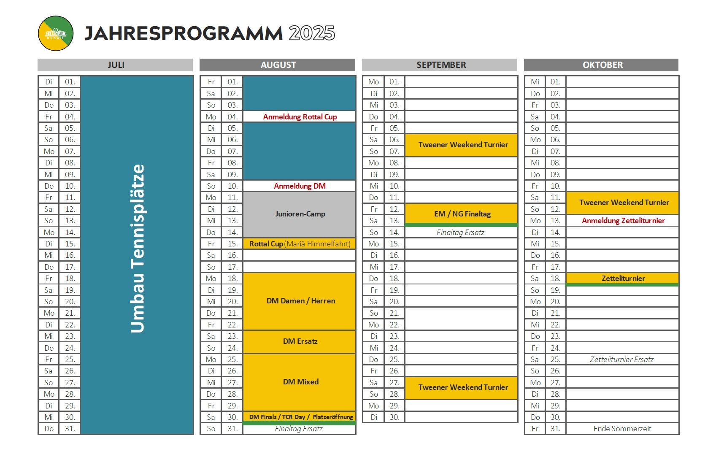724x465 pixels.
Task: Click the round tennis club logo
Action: [x=56, y=33]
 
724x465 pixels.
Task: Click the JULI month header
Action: [x=116, y=65]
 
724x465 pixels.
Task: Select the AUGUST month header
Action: [x=278, y=65]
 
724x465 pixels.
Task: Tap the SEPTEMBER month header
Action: [x=441, y=65]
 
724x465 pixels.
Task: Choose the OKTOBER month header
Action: [x=602, y=65]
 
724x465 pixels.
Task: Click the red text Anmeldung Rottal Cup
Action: [x=300, y=117]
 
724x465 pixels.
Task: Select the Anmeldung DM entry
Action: [x=300, y=186]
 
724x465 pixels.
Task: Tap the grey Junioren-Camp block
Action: [x=300, y=214]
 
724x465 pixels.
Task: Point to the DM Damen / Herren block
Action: [x=300, y=301]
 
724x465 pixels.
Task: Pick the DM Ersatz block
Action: [x=300, y=341]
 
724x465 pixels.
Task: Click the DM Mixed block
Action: [x=300, y=382]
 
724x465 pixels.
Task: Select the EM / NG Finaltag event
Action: [x=462, y=214]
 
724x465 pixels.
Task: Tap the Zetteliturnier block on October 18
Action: [x=623, y=278]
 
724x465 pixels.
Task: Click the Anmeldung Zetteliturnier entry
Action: [x=623, y=221]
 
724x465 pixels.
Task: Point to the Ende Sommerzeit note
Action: [x=622, y=429]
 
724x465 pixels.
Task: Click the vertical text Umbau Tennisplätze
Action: [x=138, y=249]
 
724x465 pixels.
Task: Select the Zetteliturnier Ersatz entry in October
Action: [x=621, y=360]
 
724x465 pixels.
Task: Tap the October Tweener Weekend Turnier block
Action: [x=624, y=203]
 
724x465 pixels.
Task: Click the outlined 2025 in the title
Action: [x=312, y=33]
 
